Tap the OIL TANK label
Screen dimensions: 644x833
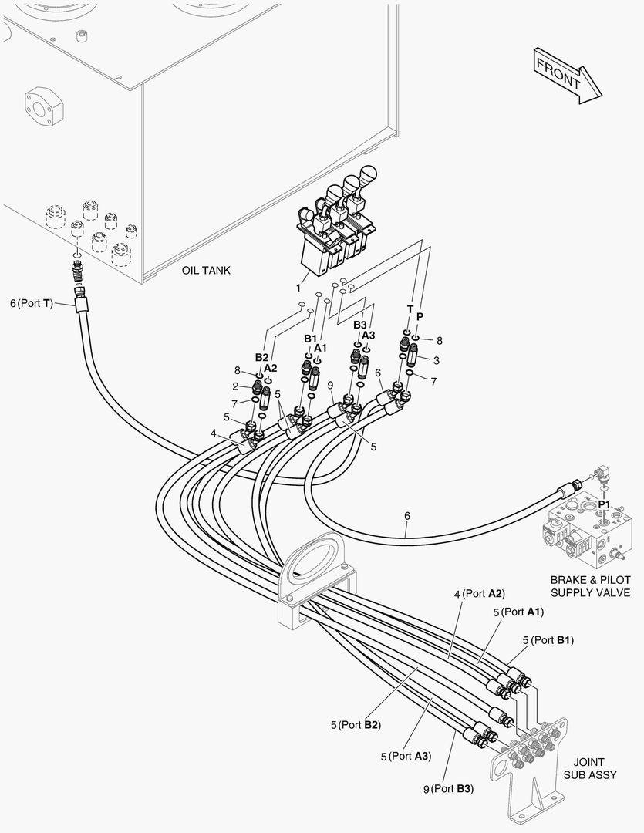pos(206,271)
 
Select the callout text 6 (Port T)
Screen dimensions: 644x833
pos(32,303)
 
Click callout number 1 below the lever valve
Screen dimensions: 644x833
pos(298,288)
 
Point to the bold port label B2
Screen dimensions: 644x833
pos(261,357)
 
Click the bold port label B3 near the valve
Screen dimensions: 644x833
pos(359,325)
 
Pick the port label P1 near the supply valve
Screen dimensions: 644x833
pos(604,504)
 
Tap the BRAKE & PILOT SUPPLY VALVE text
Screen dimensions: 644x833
pos(590,586)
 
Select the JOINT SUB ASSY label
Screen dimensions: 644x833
pos(590,769)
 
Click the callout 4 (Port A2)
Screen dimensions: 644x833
pos(479,593)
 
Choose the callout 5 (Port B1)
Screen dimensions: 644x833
pos(548,640)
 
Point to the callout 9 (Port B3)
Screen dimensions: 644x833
pos(448,789)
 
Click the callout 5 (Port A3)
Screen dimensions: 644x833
pos(406,756)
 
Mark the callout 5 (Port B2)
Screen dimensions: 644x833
pos(356,724)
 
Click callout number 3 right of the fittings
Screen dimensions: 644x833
pos(437,361)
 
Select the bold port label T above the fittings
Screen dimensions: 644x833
pos(410,309)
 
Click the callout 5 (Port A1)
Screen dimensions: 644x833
pos(518,612)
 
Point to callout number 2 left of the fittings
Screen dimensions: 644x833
pos(235,386)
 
